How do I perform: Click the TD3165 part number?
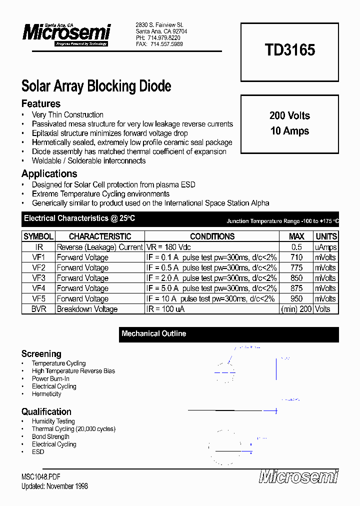click(289, 50)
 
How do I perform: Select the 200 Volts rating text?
click(289, 115)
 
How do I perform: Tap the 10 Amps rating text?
click(289, 131)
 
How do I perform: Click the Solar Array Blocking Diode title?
click(96, 86)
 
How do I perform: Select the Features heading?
click(41, 104)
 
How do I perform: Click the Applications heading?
click(49, 174)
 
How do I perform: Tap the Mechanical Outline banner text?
click(153, 333)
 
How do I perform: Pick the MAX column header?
click(296, 236)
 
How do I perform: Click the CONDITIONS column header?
click(212, 236)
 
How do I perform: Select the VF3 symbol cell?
click(38, 278)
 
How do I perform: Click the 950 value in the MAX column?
click(296, 298)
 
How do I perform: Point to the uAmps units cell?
click(325, 247)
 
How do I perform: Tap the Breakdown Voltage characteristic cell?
click(87, 309)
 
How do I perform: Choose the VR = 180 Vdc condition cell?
click(168, 247)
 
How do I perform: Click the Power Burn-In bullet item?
click(50, 379)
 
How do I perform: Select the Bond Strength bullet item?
click(50, 436)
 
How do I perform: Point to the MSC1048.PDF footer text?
click(41, 477)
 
